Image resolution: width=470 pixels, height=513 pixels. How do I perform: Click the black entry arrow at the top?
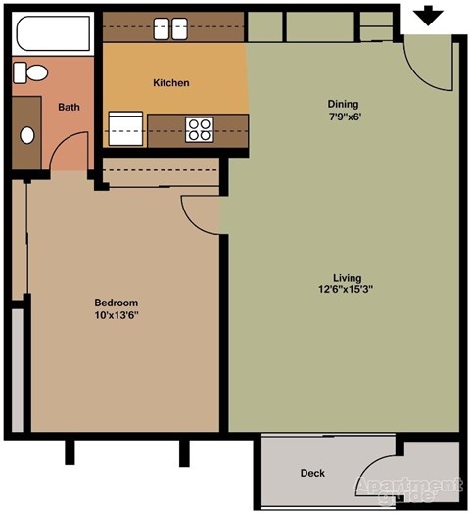(429, 16)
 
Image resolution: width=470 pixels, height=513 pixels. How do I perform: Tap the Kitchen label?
(171, 83)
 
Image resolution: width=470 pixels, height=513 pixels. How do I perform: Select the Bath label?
(69, 108)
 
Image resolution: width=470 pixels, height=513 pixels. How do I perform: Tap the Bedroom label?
(116, 302)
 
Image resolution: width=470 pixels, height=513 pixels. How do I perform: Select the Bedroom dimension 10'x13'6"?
(116, 315)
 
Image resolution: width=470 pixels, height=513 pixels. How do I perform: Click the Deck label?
(312, 474)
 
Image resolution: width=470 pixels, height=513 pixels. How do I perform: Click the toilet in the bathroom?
(34, 71)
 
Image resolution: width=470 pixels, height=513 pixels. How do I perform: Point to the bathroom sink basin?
(27, 134)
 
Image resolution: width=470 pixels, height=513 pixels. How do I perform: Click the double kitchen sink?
(171, 29)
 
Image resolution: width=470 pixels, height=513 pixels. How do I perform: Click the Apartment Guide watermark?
(409, 487)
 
